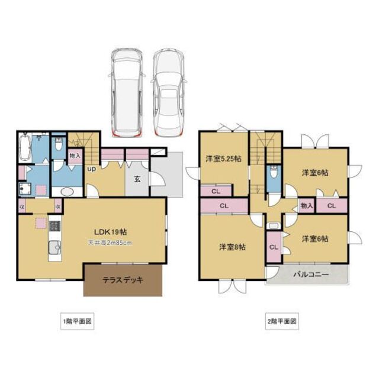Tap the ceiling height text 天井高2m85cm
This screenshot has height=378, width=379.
tap(110, 243)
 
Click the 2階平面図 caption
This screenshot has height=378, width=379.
tap(281, 322)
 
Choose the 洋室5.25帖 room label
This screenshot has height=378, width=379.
tap(223, 159)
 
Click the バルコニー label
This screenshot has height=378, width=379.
tap(309, 274)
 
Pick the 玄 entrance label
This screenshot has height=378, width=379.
tap(136, 179)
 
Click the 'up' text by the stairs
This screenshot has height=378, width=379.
tap(92, 169)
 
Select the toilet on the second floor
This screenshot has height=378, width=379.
tap(273, 174)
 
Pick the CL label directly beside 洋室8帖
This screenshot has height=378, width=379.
tap(274, 247)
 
